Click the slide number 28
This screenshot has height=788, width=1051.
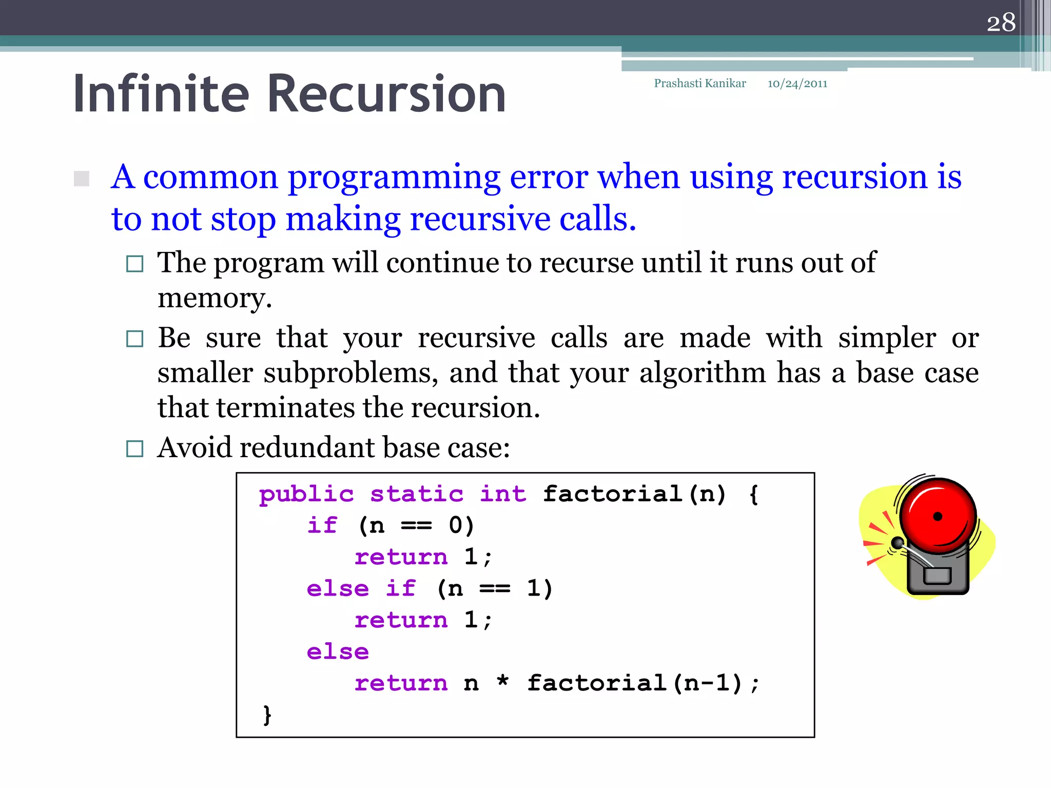1001,23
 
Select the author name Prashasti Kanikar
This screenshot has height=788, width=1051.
699,84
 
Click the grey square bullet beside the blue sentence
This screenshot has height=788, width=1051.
82,179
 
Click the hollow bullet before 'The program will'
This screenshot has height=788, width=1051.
134,264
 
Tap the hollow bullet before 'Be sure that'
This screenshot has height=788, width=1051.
134,339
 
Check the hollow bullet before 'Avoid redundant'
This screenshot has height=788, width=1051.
134,448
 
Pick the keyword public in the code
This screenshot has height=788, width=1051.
306,495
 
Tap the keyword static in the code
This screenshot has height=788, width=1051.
417,495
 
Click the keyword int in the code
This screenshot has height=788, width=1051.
503,495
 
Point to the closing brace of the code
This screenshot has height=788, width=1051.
267,715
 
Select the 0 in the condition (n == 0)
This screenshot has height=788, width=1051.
456,525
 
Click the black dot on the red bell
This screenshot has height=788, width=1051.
938,517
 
